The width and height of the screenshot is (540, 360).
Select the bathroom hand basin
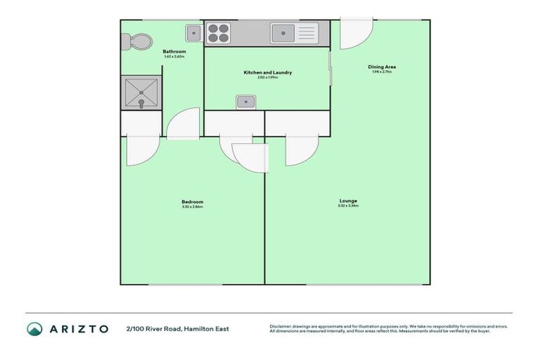point(193,32)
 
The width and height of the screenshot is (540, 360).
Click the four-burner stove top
point(219,32)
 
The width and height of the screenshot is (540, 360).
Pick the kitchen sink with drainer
point(294,32)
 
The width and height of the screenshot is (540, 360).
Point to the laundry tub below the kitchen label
point(245,102)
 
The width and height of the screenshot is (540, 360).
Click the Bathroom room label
point(174,51)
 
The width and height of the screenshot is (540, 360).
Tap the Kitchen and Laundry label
point(267,72)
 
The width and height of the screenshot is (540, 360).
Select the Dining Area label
point(381,67)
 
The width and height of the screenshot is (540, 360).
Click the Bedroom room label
point(192,202)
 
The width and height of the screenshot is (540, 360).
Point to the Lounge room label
point(348,200)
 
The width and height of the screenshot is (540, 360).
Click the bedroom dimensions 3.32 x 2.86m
point(192,207)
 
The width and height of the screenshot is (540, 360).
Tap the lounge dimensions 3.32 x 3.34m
point(348,205)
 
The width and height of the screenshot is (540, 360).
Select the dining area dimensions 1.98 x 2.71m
point(381,72)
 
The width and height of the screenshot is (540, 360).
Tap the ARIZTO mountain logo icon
point(34,328)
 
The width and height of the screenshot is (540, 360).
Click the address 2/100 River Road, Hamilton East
point(177,328)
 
